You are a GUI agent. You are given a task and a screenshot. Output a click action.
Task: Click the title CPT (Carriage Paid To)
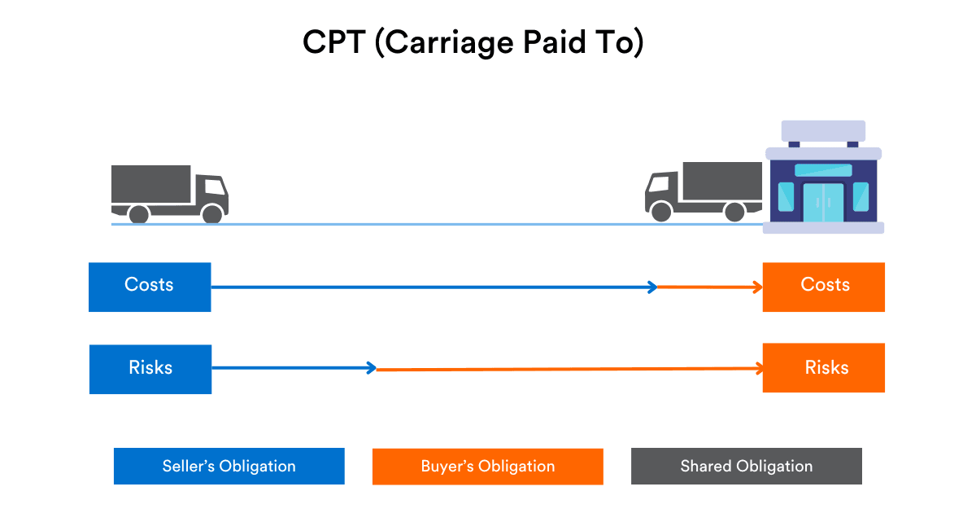[x=473, y=43]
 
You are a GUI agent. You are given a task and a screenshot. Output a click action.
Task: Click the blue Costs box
[x=150, y=287]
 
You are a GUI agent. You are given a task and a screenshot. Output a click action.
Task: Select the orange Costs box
[x=823, y=287]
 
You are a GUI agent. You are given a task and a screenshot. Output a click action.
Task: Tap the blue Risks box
[x=150, y=369]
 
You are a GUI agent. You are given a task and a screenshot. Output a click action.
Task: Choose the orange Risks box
[x=823, y=369]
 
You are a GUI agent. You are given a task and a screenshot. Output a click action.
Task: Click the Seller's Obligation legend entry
[x=229, y=467]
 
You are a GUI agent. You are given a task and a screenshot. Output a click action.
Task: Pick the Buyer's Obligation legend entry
[x=487, y=467]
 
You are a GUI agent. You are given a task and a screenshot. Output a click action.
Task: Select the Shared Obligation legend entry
[x=746, y=467]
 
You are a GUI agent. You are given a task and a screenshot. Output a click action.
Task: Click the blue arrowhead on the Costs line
[x=652, y=287]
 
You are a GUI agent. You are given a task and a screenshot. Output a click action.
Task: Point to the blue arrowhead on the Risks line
[x=372, y=368]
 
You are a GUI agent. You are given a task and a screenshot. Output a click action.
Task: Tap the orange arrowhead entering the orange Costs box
[x=758, y=287]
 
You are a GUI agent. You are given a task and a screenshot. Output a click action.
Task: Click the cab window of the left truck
[x=213, y=186]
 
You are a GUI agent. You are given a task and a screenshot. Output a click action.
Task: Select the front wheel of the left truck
[x=212, y=214]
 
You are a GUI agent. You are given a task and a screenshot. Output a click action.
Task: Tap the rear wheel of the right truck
[x=734, y=212]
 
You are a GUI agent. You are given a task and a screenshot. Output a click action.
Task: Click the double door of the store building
[x=823, y=202]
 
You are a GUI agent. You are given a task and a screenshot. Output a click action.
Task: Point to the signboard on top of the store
[x=823, y=131]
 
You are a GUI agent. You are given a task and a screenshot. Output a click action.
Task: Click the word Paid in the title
[x=534, y=43]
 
